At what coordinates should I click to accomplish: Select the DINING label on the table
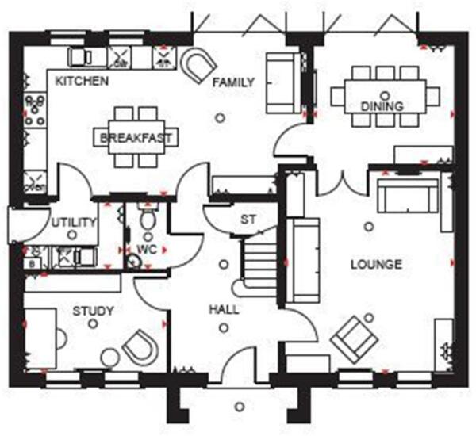(x=382, y=106)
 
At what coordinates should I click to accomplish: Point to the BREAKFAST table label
(x=136, y=139)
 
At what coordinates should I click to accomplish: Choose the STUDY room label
(x=94, y=311)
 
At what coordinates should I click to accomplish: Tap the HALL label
(x=225, y=309)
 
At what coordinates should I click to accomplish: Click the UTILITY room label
(x=73, y=224)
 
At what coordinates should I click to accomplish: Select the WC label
(x=147, y=249)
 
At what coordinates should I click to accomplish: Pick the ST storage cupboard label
(x=248, y=220)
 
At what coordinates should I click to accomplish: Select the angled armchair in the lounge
(x=353, y=336)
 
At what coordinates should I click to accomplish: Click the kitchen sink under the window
(x=122, y=56)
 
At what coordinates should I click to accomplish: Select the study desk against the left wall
(x=40, y=338)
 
